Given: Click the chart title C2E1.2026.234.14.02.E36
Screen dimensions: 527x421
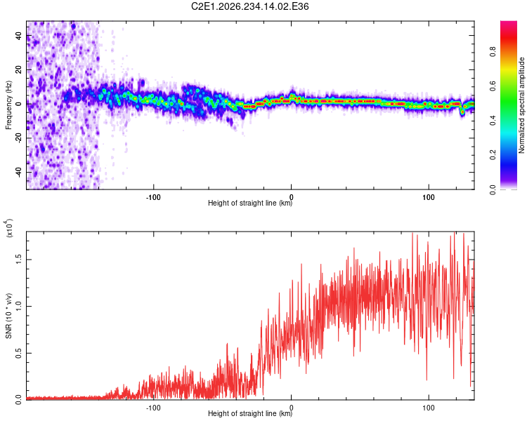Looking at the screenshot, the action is (249, 6).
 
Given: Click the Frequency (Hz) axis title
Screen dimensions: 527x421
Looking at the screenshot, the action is (8, 105).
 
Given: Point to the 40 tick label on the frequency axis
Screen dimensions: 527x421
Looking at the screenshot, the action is (19, 36).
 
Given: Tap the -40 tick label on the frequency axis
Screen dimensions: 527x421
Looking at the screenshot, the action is (19, 173).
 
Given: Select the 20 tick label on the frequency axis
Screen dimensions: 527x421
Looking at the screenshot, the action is (19, 70).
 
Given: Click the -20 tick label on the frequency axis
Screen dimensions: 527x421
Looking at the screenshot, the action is (19, 138).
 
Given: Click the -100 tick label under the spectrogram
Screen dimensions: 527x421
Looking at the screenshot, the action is (154, 197).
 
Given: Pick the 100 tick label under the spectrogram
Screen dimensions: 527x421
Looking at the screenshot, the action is (429, 197).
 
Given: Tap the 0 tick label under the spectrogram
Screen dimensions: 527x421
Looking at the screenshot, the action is (292, 197).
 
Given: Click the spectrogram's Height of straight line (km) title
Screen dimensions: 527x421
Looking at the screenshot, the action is (250, 203).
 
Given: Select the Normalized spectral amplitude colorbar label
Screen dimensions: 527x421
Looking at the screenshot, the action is (521, 105).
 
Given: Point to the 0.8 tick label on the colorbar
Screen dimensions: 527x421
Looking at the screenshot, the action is (493, 52).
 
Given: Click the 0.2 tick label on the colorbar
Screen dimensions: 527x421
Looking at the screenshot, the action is (493, 155).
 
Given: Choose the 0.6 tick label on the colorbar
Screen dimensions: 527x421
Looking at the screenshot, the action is (493, 86).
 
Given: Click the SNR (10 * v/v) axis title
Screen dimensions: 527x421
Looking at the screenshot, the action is (8, 316).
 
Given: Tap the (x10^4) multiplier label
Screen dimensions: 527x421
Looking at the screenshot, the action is (9, 228).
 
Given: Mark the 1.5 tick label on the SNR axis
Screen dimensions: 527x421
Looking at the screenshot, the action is (19, 260).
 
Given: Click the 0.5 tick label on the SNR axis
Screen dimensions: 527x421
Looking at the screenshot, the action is (19, 353).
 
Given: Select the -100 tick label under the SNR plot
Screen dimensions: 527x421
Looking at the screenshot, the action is (154, 408).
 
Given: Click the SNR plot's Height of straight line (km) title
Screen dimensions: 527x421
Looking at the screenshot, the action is (250, 413).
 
